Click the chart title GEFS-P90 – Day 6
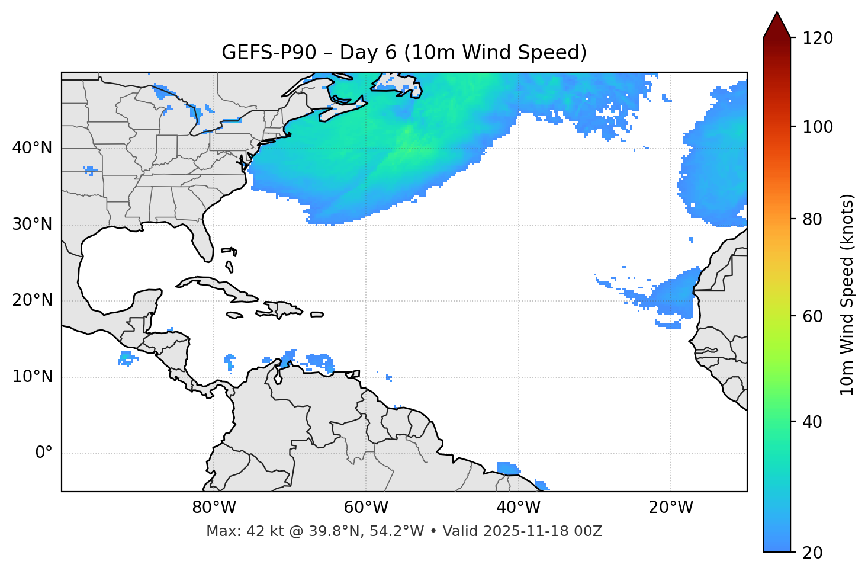click(404, 53)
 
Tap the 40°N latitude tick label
click(32, 148)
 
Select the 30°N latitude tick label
click(32, 225)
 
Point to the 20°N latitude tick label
click(32, 300)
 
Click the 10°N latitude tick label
click(32, 377)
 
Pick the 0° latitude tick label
click(44, 453)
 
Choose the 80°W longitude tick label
click(214, 508)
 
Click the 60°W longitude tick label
click(366, 508)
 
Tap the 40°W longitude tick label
click(519, 508)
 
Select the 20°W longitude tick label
click(671, 508)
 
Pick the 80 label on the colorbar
click(811, 219)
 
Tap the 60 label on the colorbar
click(811, 316)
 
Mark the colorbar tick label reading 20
click(811, 553)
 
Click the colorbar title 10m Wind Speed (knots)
click(847, 294)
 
